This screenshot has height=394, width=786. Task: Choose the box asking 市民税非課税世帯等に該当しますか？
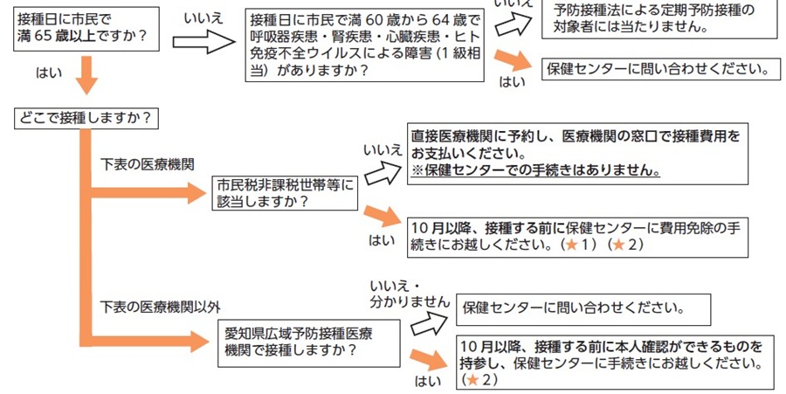(x=285, y=192)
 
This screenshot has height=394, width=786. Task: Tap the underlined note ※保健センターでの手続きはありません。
(x=535, y=170)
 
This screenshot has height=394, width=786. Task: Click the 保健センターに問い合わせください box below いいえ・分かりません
(x=582, y=308)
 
